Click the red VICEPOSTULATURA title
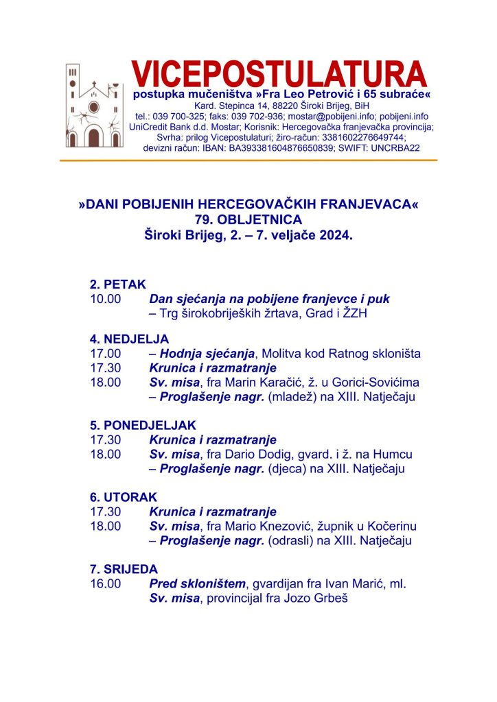tap(279, 73)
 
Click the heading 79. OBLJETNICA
tap(248, 219)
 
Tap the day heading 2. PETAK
tap(118, 285)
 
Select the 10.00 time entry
tap(105, 300)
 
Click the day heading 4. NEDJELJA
tap(129, 339)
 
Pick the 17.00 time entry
tap(105, 354)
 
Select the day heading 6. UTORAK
tap(124, 496)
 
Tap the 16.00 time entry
tap(105, 583)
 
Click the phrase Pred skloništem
tap(197, 583)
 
